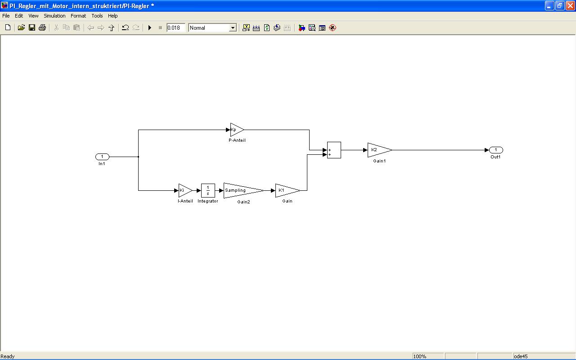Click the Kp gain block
(x=236, y=130)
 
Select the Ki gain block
(x=184, y=190)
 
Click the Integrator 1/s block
(x=208, y=190)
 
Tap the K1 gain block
(x=286, y=190)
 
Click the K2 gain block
(x=378, y=150)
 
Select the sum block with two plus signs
(x=334, y=150)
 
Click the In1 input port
(x=102, y=157)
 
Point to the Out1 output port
(x=496, y=150)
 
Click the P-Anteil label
(x=237, y=140)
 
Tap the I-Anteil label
(x=185, y=201)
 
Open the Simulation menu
(x=54, y=16)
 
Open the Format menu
(x=78, y=16)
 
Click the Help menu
(x=113, y=16)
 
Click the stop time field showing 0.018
(x=175, y=28)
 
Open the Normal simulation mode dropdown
(x=233, y=28)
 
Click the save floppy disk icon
(x=32, y=28)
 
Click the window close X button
(x=570, y=6)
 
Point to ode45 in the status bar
(x=521, y=356)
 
